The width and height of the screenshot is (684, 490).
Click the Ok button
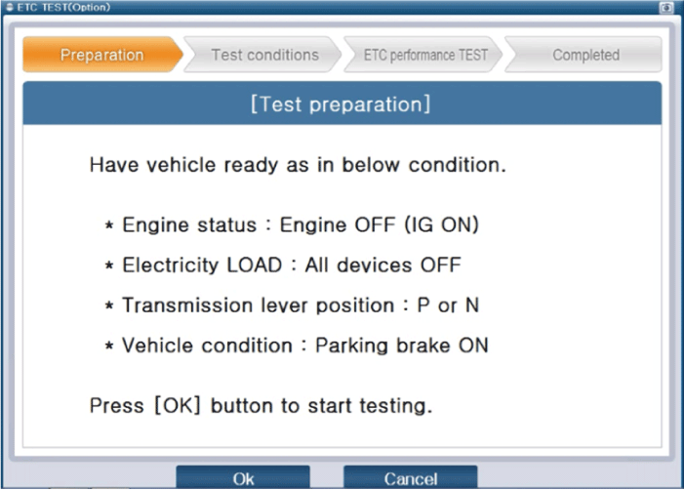[x=243, y=477]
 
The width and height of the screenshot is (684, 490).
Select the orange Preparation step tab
[x=102, y=55]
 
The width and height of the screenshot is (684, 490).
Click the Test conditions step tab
[x=263, y=55]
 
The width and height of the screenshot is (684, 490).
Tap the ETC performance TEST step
[x=424, y=55]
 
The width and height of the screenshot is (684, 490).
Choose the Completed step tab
[x=584, y=55]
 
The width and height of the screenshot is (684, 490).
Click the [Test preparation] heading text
[x=341, y=104]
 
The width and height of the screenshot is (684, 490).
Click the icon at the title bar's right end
[x=666, y=8]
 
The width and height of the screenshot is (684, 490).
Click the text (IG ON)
[x=441, y=225]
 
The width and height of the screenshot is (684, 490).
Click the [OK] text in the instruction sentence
[x=178, y=405]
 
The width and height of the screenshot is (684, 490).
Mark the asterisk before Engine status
[x=109, y=225]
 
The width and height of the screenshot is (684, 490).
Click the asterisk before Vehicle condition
[x=109, y=346]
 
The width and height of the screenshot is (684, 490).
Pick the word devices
[x=375, y=265]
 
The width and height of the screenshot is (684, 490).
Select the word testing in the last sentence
[x=395, y=406]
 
